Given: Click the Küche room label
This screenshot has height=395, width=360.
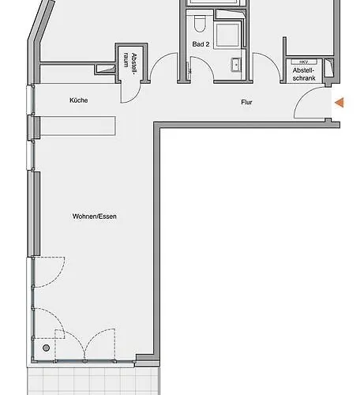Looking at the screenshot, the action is (x=79, y=100).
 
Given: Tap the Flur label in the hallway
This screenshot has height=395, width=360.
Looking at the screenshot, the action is (x=246, y=102).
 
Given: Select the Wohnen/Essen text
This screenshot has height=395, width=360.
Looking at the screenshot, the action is (x=95, y=216).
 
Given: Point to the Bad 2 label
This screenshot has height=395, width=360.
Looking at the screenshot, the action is (x=201, y=44).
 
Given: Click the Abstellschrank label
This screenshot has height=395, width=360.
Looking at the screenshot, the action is (x=304, y=74).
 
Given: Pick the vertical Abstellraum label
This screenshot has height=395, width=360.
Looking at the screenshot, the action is (x=130, y=64).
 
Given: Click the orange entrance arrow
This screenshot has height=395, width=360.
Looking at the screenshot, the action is (x=339, y=103).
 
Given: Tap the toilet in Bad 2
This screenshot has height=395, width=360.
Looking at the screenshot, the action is (x=199, y=23).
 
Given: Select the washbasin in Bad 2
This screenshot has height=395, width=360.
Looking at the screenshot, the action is (x=236, y=65).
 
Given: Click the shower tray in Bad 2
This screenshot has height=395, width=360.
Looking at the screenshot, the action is (x=227, y=35).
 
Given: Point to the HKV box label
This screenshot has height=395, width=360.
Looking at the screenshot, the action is (x=304, y=62).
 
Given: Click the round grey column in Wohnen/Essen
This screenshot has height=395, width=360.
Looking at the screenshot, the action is (x=46, y=348).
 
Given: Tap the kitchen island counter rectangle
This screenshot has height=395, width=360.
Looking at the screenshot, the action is (x=77, y=126).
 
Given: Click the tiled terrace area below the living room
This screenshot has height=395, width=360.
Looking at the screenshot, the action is (x=93, y=381).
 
